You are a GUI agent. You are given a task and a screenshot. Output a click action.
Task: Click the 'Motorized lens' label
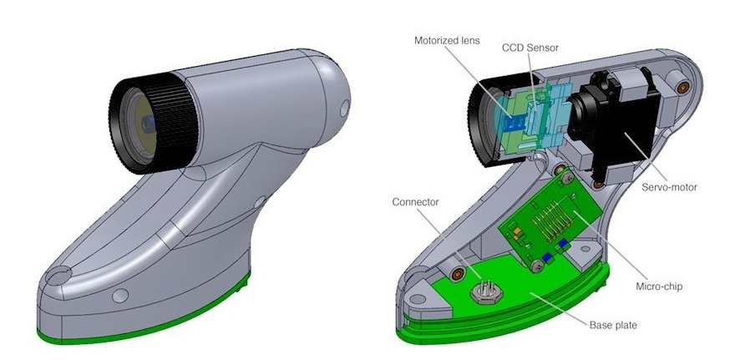point(447,40)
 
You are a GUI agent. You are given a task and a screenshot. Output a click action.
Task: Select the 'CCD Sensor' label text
point(530,48)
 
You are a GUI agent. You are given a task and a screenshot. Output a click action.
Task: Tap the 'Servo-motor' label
point(669,187)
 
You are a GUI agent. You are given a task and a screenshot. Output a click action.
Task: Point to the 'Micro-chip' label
point(659,286)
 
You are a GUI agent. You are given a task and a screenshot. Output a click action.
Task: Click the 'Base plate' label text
point(613,325)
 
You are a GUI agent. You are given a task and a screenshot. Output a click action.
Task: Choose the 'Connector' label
point(415,202)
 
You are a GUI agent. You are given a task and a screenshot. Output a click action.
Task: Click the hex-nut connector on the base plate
point(486,292)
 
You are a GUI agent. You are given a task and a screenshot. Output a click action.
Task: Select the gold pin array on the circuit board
point(551,217)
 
